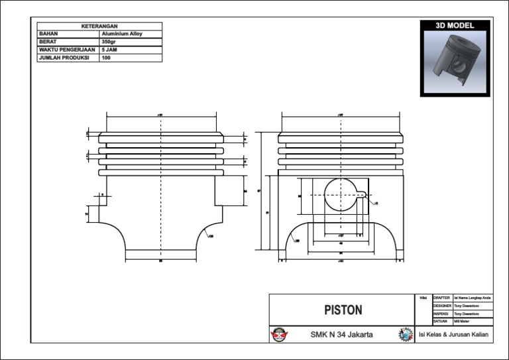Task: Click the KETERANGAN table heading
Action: point(99,26)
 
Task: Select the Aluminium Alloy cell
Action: point(121,33)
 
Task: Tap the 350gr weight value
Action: point(109,41)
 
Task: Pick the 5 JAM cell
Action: point(109,49)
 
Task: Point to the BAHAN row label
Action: point(49,33)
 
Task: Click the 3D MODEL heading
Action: point(455,25)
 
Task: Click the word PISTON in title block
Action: point(343,310)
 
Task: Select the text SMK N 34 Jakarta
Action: point(341,335)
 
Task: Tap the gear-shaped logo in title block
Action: point(405,335)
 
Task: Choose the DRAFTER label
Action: point(441,298)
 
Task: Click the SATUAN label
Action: point(441,321)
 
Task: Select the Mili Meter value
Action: point(462,321)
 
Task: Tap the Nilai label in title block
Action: point(423,298)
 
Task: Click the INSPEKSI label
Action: point(442,313)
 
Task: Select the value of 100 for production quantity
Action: point(106,57)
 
